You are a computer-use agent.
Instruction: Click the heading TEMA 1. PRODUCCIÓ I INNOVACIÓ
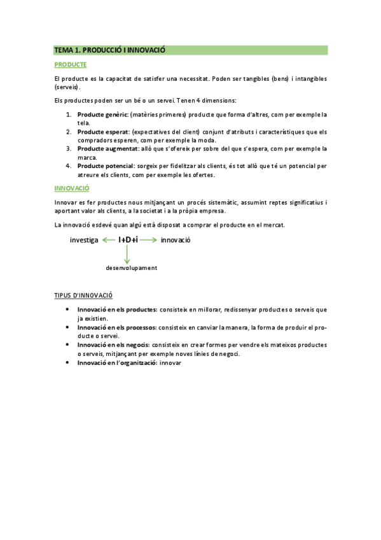[109, 50]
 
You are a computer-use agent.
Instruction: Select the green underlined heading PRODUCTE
[71, 65]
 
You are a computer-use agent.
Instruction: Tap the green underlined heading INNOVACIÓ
[72, 188]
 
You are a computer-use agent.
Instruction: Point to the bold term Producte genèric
[102, 115]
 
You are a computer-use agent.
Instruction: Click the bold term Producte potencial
[106, 166]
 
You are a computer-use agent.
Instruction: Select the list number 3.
[69, 149]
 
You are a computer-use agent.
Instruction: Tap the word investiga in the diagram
[84, 240]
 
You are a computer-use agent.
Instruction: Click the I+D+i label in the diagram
[128, 240]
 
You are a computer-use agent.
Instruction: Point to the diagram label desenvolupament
[131, 268]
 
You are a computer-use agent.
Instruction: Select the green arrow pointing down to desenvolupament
[127, 254]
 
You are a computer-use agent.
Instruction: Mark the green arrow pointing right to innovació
[148, 240]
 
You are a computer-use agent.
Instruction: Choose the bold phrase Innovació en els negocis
[113, 345]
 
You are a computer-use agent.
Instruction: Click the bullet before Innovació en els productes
[68, 309]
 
